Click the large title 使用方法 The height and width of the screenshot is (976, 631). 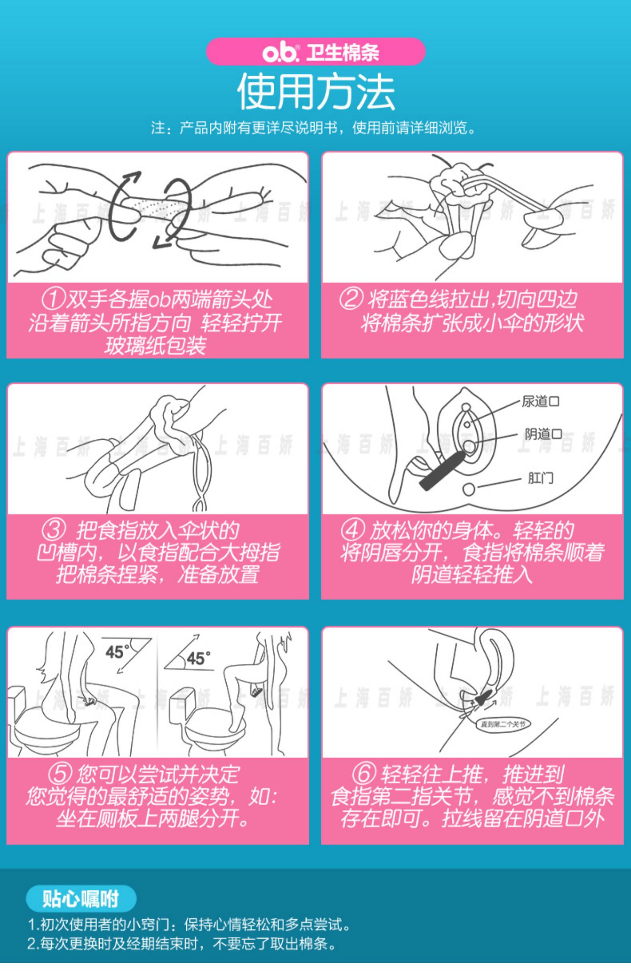(316, 92)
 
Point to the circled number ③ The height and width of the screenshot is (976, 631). (54, 530)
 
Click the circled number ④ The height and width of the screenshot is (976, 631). (353, 530)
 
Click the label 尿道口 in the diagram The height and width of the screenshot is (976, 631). (541, 401)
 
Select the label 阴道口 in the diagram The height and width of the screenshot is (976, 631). (543, 434)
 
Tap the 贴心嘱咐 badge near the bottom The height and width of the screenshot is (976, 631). (81, 898)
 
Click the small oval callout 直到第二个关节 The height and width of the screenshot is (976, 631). (503, 724)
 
